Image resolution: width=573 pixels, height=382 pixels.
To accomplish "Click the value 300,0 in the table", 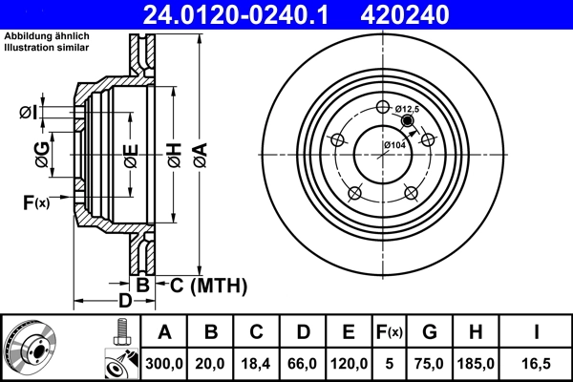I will (164, 364).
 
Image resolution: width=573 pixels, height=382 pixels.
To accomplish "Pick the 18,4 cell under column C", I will (256, 364).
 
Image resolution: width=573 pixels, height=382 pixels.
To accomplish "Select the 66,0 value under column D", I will (303, 364).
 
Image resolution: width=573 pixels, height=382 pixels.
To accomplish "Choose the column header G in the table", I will (430, 332).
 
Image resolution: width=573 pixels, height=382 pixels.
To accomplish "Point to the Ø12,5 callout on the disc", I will (408, 110).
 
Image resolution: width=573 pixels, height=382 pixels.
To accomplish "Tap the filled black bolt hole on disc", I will (409, 121).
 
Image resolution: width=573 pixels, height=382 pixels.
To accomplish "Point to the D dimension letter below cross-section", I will (123, 301).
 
